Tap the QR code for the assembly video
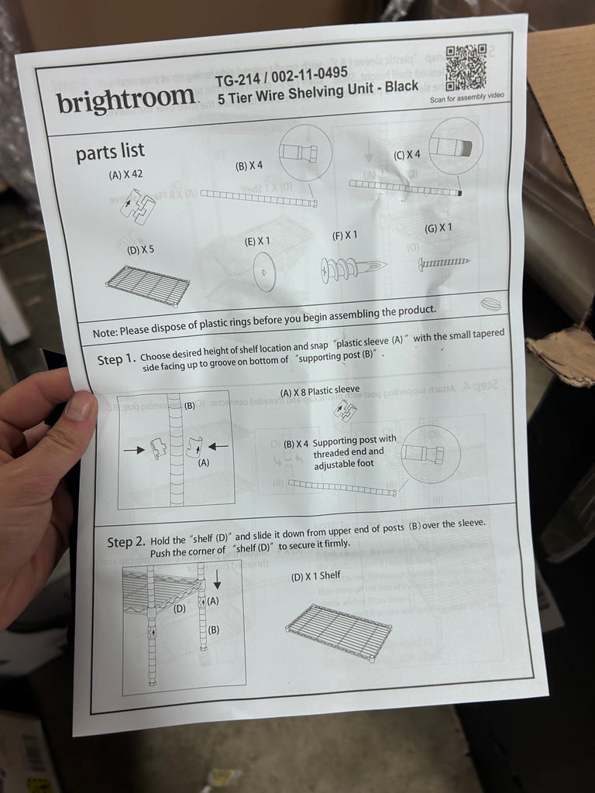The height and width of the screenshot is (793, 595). pyautogui.click(x=466, y=67)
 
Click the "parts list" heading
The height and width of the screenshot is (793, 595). pyautogui.click(x=110, y=152)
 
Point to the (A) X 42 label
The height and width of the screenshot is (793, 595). pyautogui.click(x=126, y=174)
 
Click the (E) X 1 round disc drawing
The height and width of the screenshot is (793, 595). pyautogui.click(x=264, y=272)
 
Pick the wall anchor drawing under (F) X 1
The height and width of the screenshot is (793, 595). pyautogui.click(x=353, y=269)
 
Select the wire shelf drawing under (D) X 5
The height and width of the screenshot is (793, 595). pyautogui.click(x=147, y=285)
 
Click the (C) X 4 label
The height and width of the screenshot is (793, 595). pyautogui.click(x=407, y=155)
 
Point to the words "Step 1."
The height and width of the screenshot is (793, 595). pyautogui.click(x=116, y=359)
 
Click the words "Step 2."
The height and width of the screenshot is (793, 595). pyautogui.click(x=126, y=542)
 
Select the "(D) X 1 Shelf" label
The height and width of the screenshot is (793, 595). pyautogui.click(x=316, y=576)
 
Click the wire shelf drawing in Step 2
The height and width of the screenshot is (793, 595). pyautogui.click(x=339, y=632)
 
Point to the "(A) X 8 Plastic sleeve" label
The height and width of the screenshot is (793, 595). pyautogui.click(x=320, y=391)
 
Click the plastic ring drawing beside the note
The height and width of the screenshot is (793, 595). pyautogui.click(x=490, y=304)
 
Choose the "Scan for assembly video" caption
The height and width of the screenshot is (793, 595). pyautogui.click(x=467, y=97)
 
